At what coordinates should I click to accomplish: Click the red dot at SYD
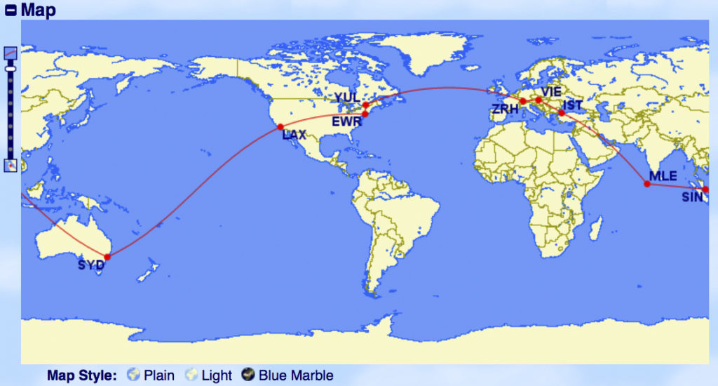pyautogui.click(x=107, y=257)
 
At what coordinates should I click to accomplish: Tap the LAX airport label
pyautogui.click(x=294, y=135)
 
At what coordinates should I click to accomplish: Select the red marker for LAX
pyautogui.click(x=280, y=127)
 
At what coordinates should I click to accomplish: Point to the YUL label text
pyautogui.click(x=346, y=98)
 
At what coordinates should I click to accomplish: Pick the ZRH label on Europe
pyautogui.click(x=506, y=109)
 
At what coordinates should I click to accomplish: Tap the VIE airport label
pyautogui.click(x=551, y=91)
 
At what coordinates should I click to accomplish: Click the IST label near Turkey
pyautogui.click(x=573, y=105)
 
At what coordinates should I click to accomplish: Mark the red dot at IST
pyautogui.click(x=562, y=113)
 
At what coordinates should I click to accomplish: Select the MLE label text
pyautogui.click(x=663, y=175)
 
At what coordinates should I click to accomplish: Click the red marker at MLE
pyautogui.click(x=646, y=184)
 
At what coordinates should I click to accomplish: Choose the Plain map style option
pyautogui.click(x=151, y=375)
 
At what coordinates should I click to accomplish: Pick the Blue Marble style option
pyautogui.click(x=287, y=375)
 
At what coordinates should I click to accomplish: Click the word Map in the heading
pyautogui.click(x=39, y=10)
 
